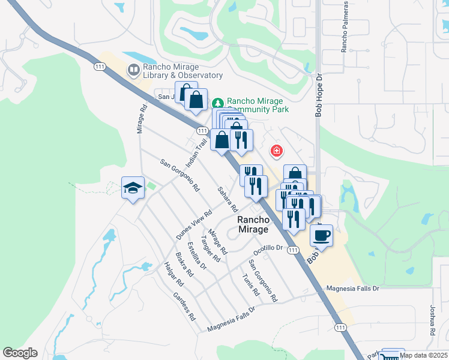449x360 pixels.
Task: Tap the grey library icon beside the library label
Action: [133, 71]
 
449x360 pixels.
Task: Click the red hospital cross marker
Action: [277, 151]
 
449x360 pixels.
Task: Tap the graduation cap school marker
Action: [133, 188]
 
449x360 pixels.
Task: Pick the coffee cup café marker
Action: [321, 235]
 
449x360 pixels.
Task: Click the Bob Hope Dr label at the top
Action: [319, 95]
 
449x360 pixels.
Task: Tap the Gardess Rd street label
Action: [184, 305]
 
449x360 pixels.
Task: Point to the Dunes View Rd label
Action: [194, 225]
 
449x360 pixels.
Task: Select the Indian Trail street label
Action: [196, 152]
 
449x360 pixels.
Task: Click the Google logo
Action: [20, 353]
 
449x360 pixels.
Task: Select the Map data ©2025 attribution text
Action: [423, 355]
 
